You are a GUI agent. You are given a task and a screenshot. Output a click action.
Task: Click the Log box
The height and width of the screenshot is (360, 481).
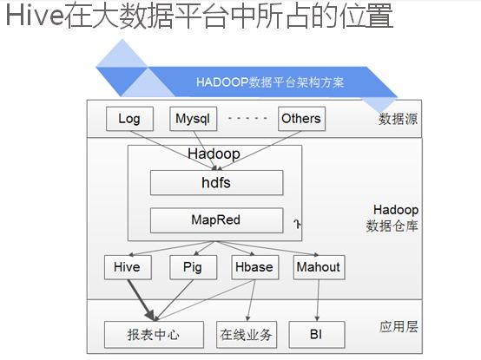(x=129, y=119)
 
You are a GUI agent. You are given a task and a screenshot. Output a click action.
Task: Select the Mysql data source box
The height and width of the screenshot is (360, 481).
(x=194, y=119)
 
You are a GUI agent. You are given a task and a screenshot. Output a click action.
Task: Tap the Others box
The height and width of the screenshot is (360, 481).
(x=301, y=119)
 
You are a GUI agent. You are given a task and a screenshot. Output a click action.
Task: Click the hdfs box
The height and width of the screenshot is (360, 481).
(x=216, y=183)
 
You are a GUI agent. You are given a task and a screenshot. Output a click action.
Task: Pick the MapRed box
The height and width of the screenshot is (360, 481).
(x=216, y=220)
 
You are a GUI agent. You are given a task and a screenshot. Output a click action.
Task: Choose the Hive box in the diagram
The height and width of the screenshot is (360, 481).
(x=128, y=267)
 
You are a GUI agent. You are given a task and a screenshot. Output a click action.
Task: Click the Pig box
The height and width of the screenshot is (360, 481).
(x=194, y=267)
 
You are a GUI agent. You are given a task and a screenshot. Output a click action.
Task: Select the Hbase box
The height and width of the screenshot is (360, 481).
(x=255, y=267)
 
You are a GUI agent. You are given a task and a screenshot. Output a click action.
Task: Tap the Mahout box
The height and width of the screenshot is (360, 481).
(x=319, y=267)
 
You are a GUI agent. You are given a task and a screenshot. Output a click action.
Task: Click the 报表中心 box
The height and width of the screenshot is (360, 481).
(x=154, y=335)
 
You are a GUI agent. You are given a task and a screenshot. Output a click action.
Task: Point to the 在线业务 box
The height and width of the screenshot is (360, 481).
(x=247, y=335)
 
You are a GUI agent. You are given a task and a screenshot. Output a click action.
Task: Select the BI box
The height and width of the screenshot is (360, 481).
(x=317, y=335)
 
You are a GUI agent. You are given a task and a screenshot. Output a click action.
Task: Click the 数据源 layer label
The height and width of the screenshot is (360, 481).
(x=398, y=119)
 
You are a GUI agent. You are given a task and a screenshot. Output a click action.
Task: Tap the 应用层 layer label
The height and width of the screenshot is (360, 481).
(x=399, y=327)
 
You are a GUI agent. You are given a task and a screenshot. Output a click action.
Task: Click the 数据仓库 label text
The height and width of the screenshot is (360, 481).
(x=392, y=226)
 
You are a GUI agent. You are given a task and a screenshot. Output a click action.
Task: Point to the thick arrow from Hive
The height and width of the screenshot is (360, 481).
(x=142, y=300)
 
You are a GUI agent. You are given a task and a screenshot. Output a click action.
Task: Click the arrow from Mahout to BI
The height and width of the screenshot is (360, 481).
(x=318, y=300)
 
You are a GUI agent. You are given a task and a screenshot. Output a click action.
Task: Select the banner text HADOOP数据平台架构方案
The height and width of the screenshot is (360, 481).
(x=270, y=82)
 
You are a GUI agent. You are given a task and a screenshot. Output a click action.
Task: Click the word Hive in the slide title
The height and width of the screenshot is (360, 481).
(x=35, y=16)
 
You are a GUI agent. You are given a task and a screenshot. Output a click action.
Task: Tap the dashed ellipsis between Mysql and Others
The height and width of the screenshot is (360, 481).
(x=247, y=118)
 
